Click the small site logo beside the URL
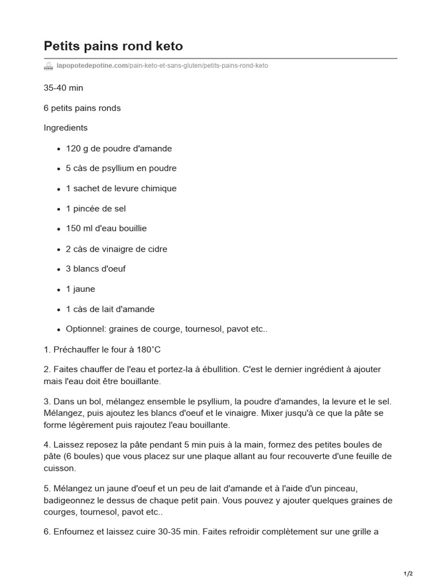tap(48, 66)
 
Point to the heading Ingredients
tap(65, 127)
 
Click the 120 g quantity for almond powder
tap(77, 148)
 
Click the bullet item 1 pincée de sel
tap(96, 208)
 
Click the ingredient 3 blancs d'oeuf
tap(96, 269)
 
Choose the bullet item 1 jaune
tap(80, 289)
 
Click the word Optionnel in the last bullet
tap(85, 329)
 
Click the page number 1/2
tap(408, 574)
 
